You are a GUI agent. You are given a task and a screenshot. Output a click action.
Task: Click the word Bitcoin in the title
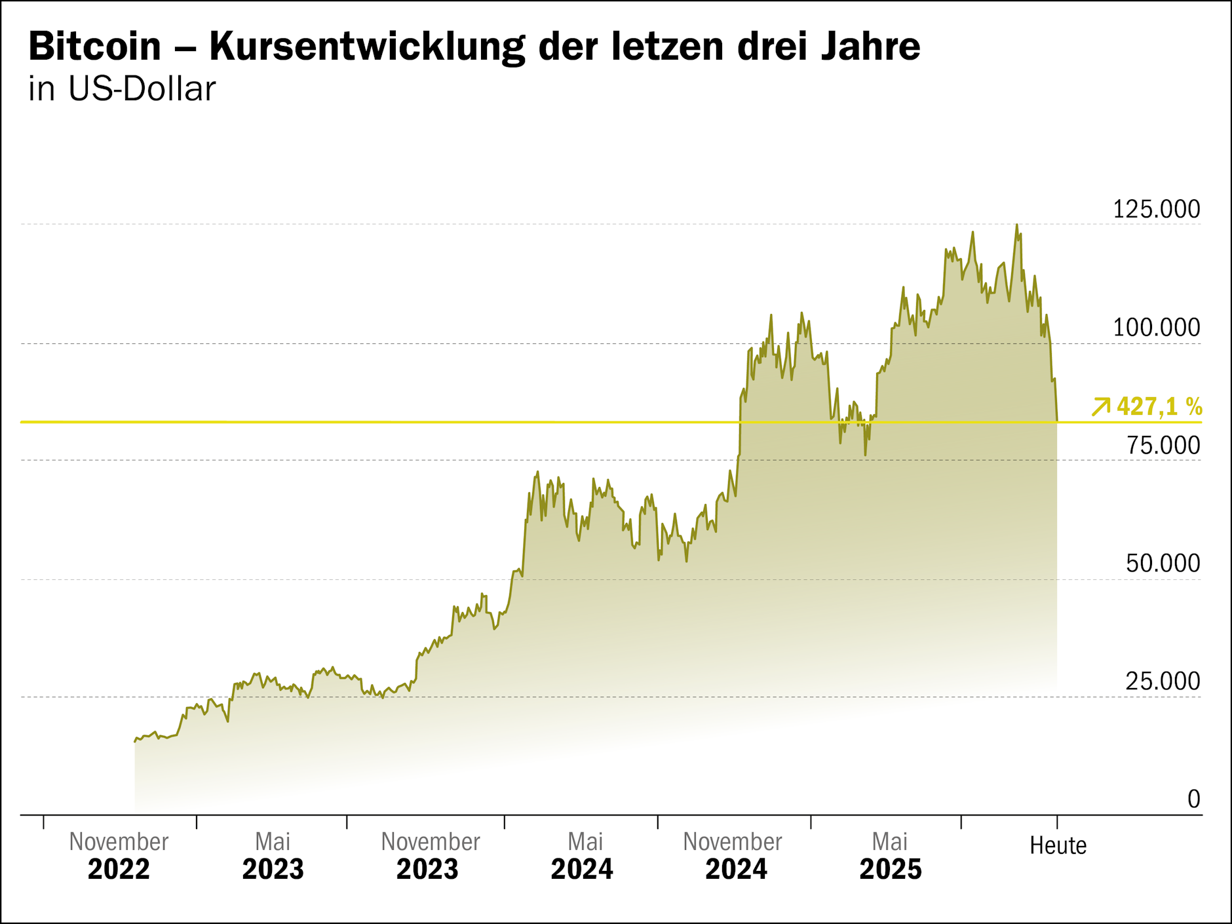click(94, 47)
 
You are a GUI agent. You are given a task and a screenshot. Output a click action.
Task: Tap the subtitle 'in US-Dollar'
click(122, 90)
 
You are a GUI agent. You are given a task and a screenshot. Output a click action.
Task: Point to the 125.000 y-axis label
click(1156, 210)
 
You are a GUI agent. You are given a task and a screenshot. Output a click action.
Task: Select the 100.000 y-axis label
click(1156, 328)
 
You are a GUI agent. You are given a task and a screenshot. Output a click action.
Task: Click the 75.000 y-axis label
click(1163, 446)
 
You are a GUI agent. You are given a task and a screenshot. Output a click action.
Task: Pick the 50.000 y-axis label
click(1163, 564)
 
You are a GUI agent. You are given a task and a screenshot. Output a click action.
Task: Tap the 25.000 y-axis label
click(1163, 682)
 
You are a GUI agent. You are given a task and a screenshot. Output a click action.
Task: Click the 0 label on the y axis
click(1193, 799)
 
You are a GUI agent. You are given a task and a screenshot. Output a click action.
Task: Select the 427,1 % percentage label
click(1159, 407)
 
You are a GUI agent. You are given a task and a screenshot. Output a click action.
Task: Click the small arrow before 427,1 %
click(1101, 407)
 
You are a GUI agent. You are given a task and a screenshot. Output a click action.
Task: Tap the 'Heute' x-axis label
click(1058, 846)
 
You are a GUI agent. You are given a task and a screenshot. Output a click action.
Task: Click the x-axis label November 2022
click(119, 856)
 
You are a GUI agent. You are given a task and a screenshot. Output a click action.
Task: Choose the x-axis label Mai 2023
click(273, 856)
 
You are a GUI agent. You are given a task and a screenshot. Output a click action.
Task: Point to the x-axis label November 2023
click(430, 856)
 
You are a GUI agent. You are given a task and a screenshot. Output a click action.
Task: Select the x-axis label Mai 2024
click(583, 856)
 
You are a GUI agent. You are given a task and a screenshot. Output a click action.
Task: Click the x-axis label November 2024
click(734, 856)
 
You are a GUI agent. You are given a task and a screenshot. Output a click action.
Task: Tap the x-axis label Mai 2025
click(890, 856)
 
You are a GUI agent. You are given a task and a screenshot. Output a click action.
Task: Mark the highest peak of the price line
click(1016, 225)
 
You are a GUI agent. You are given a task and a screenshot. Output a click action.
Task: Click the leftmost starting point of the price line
click(135, 742)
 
